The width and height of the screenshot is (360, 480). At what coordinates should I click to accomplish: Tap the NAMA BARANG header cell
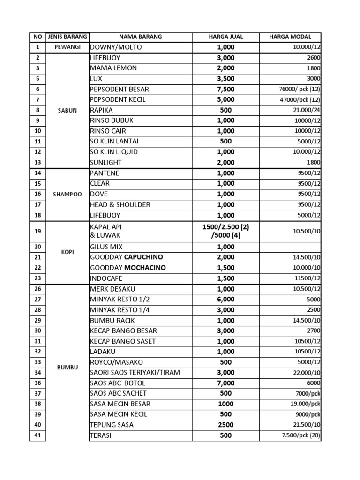click(141, 37)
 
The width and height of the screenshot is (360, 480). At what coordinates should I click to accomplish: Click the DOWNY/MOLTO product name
click(116, 47)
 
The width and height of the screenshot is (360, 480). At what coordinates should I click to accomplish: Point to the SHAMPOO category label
click(67, 194)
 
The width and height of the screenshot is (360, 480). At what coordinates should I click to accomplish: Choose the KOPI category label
click(67, 252)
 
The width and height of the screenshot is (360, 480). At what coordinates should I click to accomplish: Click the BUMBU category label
click(67, 367)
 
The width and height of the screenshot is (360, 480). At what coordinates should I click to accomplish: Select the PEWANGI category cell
click(67, 47)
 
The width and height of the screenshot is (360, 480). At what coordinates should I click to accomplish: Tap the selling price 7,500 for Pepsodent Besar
click(225, 89)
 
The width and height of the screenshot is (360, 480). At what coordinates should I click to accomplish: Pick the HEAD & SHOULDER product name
click(120, 204)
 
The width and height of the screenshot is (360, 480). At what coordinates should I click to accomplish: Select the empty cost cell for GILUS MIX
click(291, 247)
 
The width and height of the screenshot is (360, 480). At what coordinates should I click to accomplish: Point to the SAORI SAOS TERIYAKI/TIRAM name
click(135, 373)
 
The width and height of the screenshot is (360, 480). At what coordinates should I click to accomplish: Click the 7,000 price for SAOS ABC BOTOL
click(225, 383)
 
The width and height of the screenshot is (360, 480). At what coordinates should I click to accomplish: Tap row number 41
click(38, 435)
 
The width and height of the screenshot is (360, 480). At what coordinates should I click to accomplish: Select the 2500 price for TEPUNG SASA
click(225, 425)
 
